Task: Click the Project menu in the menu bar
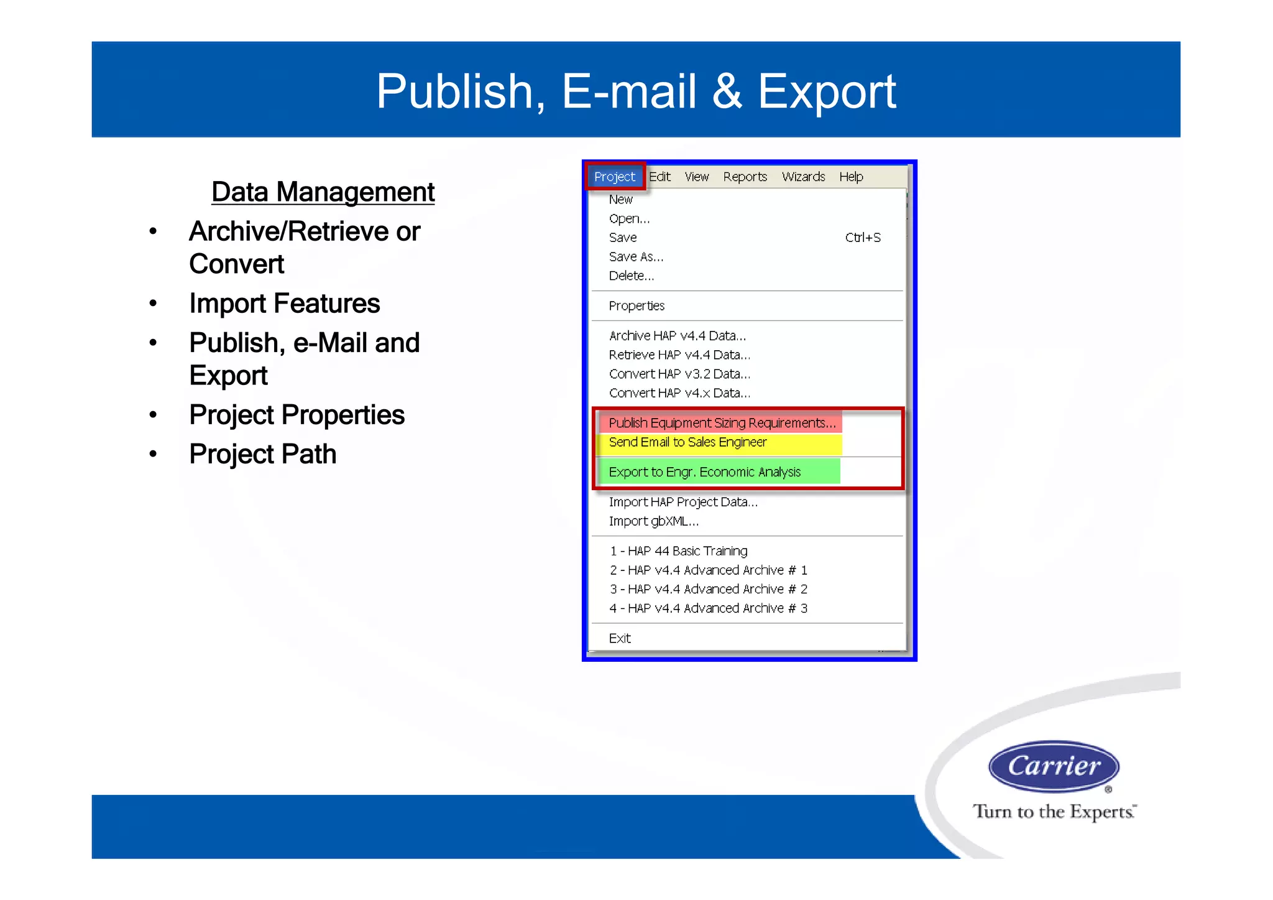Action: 614,177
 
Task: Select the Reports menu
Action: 745,177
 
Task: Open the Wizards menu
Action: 803,177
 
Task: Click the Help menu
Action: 851,177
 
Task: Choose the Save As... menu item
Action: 636,257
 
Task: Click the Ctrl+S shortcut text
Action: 863,238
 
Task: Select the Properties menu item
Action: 636,306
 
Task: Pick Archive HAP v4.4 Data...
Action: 677,336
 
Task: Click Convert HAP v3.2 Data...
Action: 679,374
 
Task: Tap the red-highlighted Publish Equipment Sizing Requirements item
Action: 722,423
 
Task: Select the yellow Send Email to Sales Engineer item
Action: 687,442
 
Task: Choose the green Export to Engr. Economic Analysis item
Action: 704,472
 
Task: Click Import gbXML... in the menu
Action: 653,521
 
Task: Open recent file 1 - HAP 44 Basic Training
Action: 678,551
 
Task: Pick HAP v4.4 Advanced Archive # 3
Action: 708,608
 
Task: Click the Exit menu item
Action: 620,638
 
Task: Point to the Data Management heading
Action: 323,192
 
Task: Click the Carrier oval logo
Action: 1054,766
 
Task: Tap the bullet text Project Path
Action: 262,454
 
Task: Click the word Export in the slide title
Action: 826,91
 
